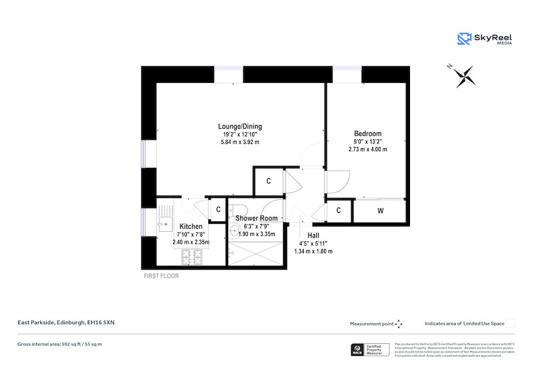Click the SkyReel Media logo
tap(485, 39)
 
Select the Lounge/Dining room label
tap(240, 126)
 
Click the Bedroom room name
tap(367, 133)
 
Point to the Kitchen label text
tap(191, 226)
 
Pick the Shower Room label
tap(256, 218)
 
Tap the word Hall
tap(313, 235)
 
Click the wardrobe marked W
tap(380, 210)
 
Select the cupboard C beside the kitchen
tap(218, 209)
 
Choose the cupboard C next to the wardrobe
tap(338, 210)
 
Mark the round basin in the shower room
tap(234, 232)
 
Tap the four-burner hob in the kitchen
tap(191, 257)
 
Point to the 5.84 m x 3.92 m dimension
tap(240, 142)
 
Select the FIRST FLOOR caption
tap(161, 276)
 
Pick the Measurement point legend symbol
tap(399, 324)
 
